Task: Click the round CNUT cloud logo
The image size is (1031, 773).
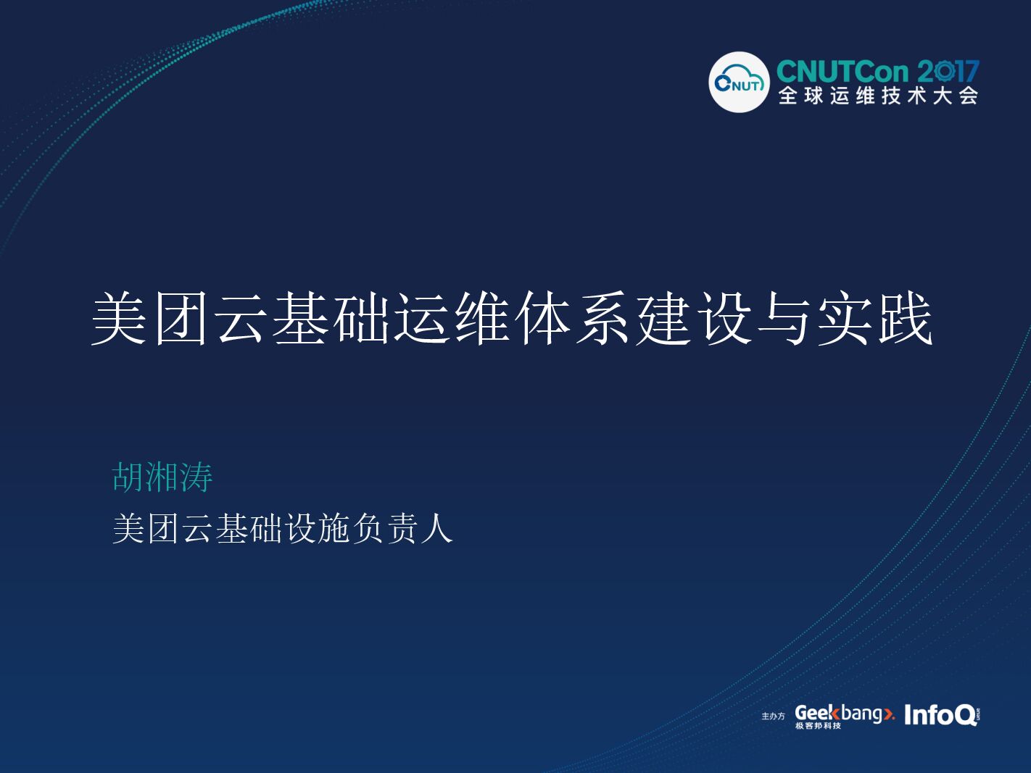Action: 738,83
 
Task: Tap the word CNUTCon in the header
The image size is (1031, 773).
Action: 842,72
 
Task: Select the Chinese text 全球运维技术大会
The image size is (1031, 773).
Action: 878,96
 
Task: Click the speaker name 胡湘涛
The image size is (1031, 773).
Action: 162,477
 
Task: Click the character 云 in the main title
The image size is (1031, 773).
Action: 241,319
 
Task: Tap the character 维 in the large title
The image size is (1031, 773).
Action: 482,319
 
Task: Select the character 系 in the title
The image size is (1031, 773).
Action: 603,319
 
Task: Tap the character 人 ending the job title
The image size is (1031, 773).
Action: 436,528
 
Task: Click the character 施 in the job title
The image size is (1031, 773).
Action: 335,528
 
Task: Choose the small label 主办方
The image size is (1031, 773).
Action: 773,716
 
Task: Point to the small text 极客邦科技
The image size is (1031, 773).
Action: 818,726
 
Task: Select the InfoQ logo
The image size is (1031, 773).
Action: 940,715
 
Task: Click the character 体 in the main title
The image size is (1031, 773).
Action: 542,319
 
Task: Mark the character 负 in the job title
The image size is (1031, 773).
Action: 369,528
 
